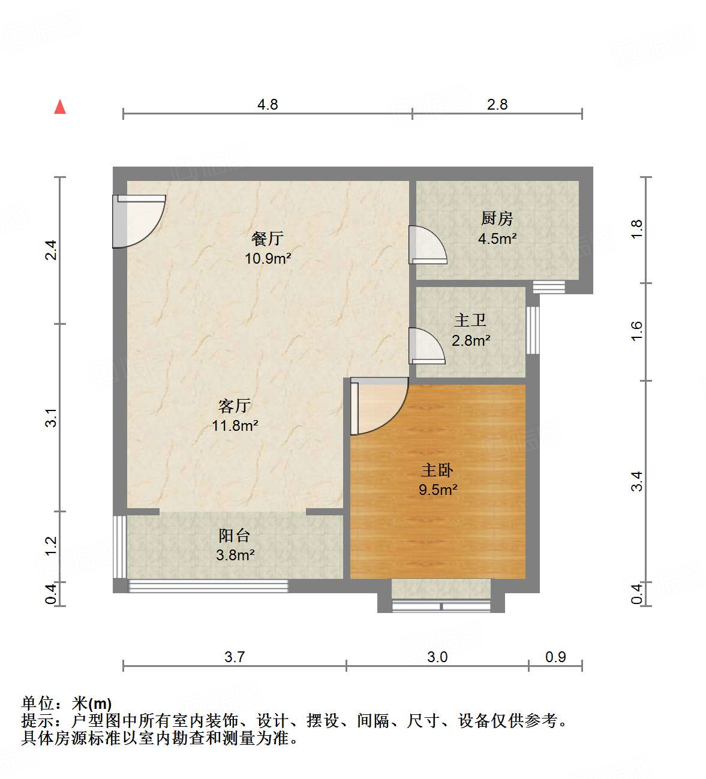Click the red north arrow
click(x=60, y=107)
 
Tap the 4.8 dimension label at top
click(x=268, y=104)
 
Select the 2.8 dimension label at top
click(x=497, y=104)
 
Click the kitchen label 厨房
click(x=497, y=219)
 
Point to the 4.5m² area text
click(x=497, y=238)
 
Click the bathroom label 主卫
click(x=470, y=321)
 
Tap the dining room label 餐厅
click(x=268, y=238)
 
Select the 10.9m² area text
click(x=268, y=258)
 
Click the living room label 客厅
click(x=235, y=406)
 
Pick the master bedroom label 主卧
click(x=437, y=470)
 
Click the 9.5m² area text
click(x=438, y=490)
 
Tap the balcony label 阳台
click(x=235, y=535)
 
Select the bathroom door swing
click(x=426, y=346)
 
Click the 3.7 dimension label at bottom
click(x=235, y=657)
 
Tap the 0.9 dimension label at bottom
click(x=555, y=657)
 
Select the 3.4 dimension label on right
click(x=636, y=481)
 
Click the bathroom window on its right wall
click(x=532, y=330)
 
